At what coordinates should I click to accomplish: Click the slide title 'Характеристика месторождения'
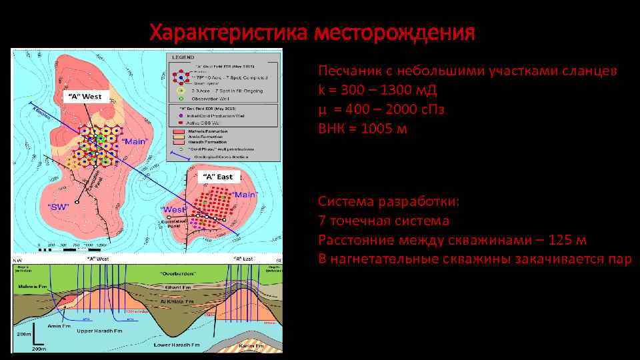click(312, 32)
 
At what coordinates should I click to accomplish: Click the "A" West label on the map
click(83, 97)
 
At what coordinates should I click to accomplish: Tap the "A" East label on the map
click(217, 177)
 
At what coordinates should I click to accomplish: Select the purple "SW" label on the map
click(60, 206)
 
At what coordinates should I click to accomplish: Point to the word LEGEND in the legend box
click(183, 58)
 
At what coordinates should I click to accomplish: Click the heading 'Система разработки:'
click(389, 201)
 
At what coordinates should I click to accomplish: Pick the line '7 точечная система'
click(383, 221)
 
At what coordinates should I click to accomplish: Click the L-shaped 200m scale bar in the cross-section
click(33, 339)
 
